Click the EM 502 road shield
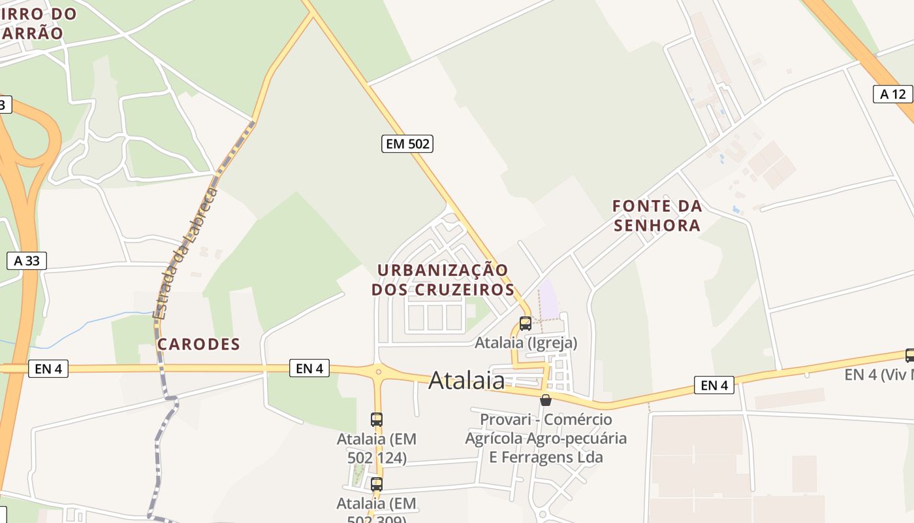coord(407,144)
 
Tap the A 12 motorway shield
coord(892,94)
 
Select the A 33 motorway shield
coord(27,261)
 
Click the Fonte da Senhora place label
coord(657,216)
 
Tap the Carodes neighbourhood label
coord(199,344)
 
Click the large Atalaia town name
coord(467,380)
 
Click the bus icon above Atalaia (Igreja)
coord(526,323)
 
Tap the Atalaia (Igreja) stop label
coord(526,343)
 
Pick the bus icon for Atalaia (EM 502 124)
coord(377,420)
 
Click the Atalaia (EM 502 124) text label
coord(377,448)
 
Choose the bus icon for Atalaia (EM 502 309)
coord(377,484)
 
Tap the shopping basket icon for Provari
coord(546,400)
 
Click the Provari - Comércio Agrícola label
coord(546,438)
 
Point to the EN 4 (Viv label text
coord(879,375)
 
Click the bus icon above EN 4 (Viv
coord(909,356)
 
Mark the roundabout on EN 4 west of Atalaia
coord(377,371)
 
